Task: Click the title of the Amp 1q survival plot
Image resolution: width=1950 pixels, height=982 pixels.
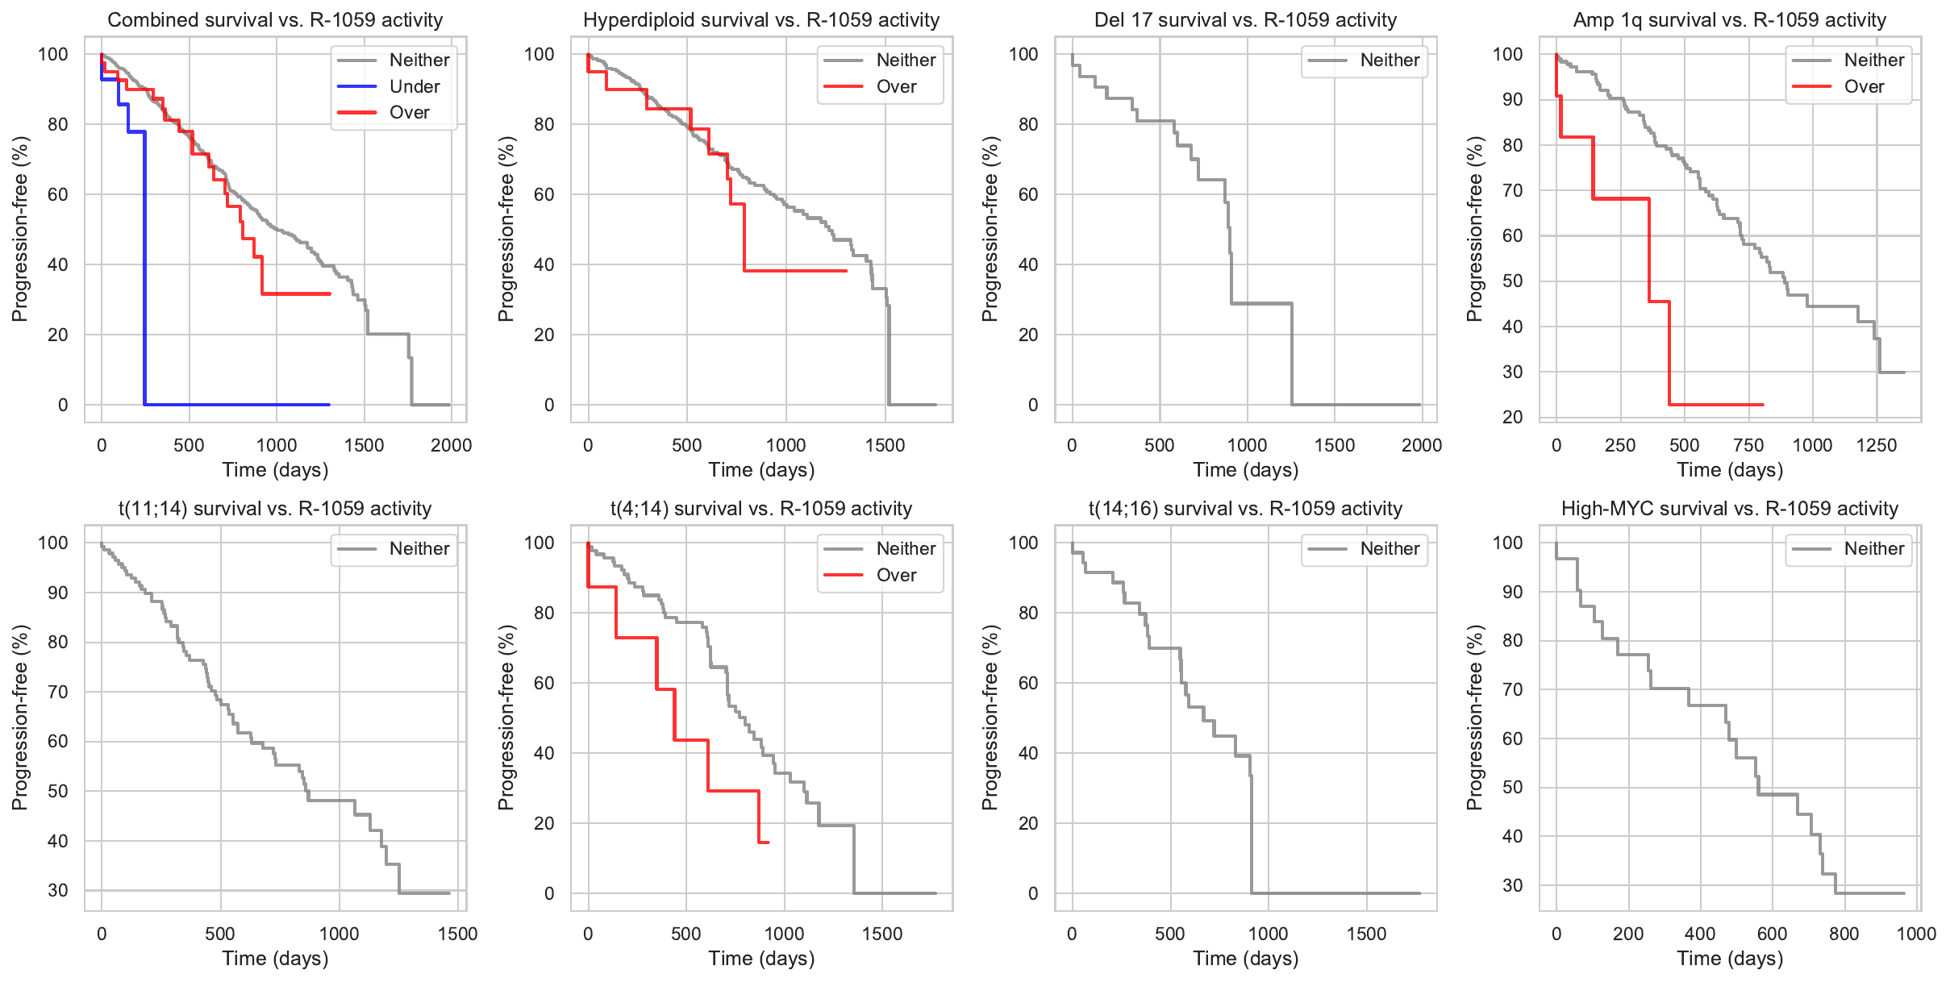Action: (x=1729, y=20)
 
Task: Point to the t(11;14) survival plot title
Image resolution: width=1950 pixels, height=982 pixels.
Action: (x=275, y=509)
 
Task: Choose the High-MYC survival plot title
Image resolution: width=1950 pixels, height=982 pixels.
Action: (x=1729, y=509)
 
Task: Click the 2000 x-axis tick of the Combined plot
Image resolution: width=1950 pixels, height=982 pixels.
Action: (x=451, y=445)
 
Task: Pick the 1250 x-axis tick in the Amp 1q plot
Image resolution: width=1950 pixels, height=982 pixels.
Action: (x=1876, y=445)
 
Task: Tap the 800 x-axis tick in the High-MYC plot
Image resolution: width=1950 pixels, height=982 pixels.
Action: (x=1844, y=934)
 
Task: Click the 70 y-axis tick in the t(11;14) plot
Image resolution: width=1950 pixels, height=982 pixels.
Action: (x=58, y=692)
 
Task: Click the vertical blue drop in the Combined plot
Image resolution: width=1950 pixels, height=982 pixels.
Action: (x=145, y=266)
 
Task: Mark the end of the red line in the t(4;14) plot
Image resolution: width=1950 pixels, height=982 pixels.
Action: (x=768, y=843)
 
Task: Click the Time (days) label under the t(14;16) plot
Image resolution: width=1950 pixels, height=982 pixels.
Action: (x=1245, y=959)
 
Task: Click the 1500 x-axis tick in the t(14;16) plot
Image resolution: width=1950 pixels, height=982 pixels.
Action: (x=1366, y=934)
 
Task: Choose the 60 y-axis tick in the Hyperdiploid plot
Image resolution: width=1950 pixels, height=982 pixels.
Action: (x=544, y=194)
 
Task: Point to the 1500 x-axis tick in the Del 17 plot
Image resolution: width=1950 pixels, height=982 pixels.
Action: (x=1335, y=445)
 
